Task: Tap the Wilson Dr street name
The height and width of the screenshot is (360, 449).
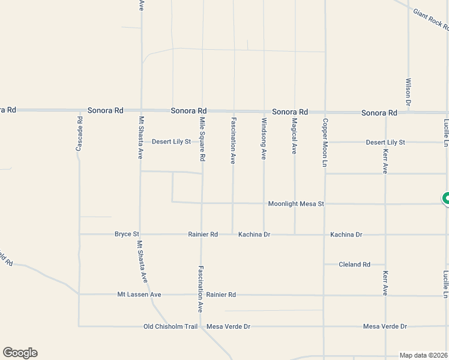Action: tap(408, 92)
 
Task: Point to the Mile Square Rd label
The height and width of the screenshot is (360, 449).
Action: tap(202, 139)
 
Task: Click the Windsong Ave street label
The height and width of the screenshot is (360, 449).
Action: tap(263, 139)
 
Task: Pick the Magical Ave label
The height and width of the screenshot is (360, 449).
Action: tap(294, 136)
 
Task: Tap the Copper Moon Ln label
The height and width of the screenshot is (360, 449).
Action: tap(325, 142)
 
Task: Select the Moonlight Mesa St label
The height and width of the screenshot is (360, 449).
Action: tap(296, 204)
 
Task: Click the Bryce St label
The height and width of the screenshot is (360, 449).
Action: tap(127, 234)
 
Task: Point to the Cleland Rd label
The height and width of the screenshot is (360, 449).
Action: tap(354, 264)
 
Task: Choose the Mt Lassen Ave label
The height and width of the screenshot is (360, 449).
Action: tap(139, 295)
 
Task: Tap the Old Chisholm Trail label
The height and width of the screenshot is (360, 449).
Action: tap(170, 326)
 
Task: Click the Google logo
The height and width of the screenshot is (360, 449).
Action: tap(20, 353)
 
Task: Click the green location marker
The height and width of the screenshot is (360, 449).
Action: tap(446, 199)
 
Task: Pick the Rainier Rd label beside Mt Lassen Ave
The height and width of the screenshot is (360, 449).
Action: tap(221, 295)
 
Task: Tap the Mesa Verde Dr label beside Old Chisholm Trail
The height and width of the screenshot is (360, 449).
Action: tap(228, 326)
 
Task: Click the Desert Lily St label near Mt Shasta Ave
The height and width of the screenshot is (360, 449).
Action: tap(171, 142)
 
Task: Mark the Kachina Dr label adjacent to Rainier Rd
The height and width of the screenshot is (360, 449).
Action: tap(255, 234)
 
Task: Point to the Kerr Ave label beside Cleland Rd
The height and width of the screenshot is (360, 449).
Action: tap(385, 283)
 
